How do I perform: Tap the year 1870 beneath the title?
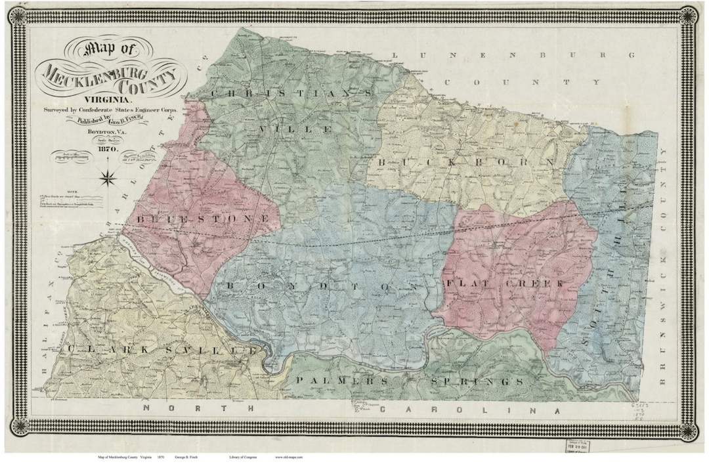tap(106, 150)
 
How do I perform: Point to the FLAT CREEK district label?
tap(504, 283)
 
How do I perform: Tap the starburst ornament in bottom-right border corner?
tap(687, 431)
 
